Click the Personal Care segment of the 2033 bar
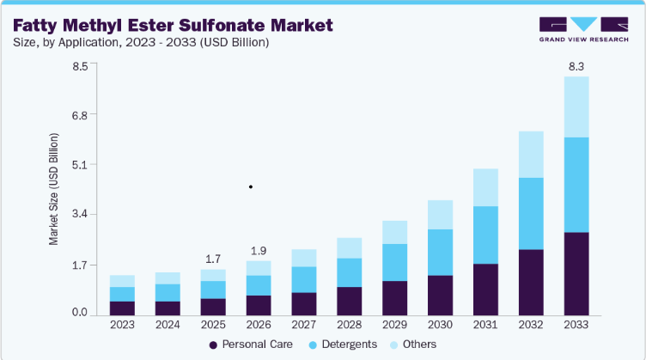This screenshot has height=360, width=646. (576, 274)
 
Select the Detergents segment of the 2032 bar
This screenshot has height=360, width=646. (531, 213)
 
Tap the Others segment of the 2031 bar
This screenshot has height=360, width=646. (485, 187)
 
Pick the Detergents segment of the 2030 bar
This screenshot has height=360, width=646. (440, 252)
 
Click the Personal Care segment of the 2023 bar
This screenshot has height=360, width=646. (122, 308)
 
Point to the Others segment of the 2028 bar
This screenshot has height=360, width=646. (350, 248)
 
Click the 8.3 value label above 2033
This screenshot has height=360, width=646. (576, 66)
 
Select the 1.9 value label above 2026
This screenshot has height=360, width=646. (259, 251)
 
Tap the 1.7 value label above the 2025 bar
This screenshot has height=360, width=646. (213, 259)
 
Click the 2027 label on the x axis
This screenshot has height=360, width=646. (304, 325)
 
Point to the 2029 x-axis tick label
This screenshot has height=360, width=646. (394, 325)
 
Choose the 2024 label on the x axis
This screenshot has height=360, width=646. (168, 325)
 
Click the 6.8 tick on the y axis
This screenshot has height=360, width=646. (80, 115)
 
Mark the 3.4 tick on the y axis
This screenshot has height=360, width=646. (80, 214)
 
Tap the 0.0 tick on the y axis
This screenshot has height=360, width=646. (80, 312)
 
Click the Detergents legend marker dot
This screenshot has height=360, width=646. (313, 345)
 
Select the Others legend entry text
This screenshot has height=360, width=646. (419, 345)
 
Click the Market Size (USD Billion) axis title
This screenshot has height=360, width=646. (53, 189)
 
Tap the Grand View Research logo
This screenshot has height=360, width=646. (584, 29)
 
